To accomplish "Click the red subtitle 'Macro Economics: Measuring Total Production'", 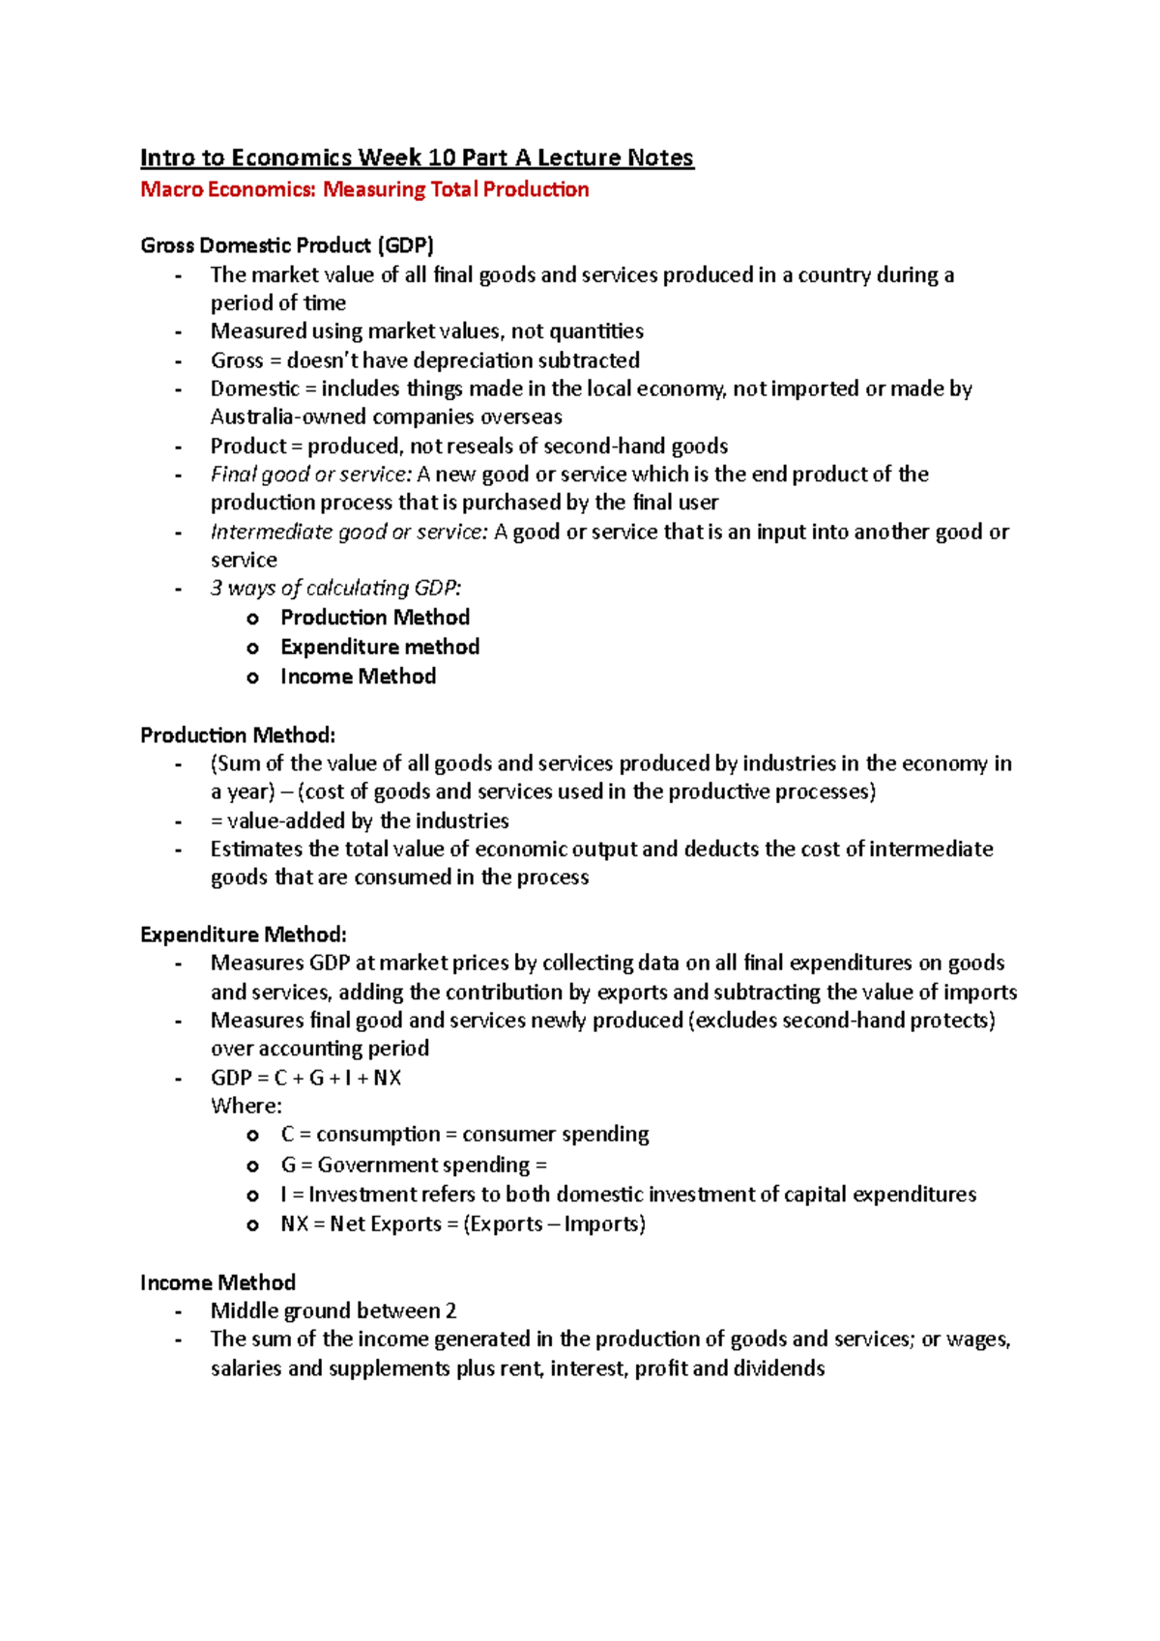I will tap(364, 189).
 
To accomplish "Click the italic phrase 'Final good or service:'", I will tap(311, 475).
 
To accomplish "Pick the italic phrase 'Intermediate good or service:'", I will tap(349, 532).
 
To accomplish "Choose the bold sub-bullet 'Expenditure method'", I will tap(380, 647).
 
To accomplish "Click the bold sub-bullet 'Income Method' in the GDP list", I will tap(358, 677).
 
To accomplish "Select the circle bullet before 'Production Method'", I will tap(253, 619).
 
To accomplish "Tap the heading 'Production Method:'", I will tap(238, 735).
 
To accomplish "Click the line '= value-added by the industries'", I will tap(360, 820).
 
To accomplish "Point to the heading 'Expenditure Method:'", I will tap(244, 935).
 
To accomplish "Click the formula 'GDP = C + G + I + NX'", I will tap(305, 1078).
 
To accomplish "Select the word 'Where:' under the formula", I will tap(246, 1106).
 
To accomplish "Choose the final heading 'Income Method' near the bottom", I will tap(217, 1282).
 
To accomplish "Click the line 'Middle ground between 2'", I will tap(333, 1310).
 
